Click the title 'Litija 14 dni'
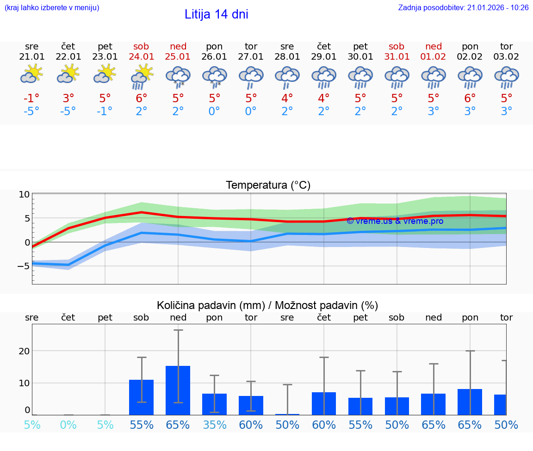(216, 14)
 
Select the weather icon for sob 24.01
(142, 76)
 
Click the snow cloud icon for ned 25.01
(178, 76)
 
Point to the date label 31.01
(397, 57)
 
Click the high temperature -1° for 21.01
(31, 99)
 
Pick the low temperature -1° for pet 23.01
(105, 111)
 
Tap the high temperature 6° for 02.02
(470, 99)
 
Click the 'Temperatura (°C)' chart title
(268, 185)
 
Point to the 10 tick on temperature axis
(24, 194)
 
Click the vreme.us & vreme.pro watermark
(395, 221)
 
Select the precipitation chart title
(267, 305)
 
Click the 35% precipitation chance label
(215, 425)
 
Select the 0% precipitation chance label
(68, 425)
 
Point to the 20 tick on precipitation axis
(24, 351)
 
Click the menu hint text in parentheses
(52, 7)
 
